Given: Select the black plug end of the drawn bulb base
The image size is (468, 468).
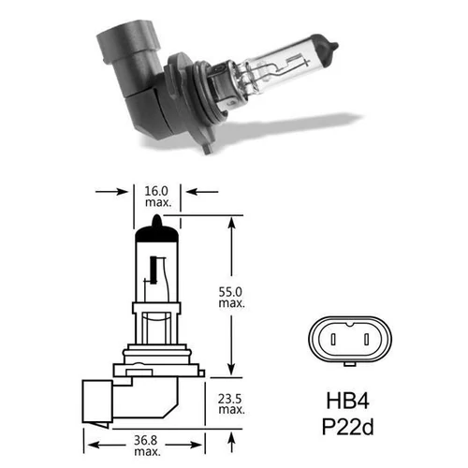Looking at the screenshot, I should pyautogui.click(x=96, y=398).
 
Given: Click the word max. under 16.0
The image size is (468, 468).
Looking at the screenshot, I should pyautogui.click(x=157, y=203).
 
